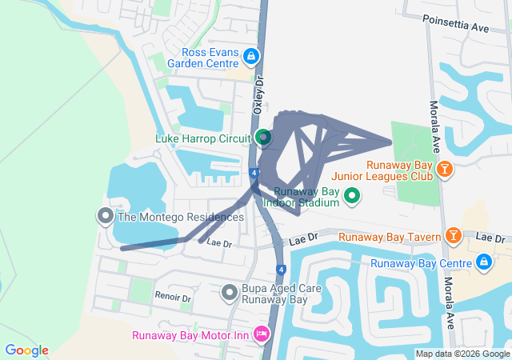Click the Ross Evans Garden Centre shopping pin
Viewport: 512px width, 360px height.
coord(251,57)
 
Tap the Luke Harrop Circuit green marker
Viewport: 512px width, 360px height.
coord(263,138)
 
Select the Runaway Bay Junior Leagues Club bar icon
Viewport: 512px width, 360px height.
coord(446,169)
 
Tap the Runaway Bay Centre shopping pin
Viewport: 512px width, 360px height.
coord(483,262)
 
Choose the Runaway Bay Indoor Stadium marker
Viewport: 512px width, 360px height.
coord(351,196)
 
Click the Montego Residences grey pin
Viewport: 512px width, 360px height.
coord(105,216)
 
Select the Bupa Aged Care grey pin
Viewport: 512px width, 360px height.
coord(229,293)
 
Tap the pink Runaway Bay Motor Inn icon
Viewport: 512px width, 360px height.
coord(261,333)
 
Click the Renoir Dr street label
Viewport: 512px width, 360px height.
coord(174,298)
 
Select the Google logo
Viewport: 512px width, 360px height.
coord(26,350)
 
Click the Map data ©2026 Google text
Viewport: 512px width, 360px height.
coord(462,354)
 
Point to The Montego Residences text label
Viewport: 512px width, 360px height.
coord(181,217)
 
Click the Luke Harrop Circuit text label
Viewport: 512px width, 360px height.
coord(203,138)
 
